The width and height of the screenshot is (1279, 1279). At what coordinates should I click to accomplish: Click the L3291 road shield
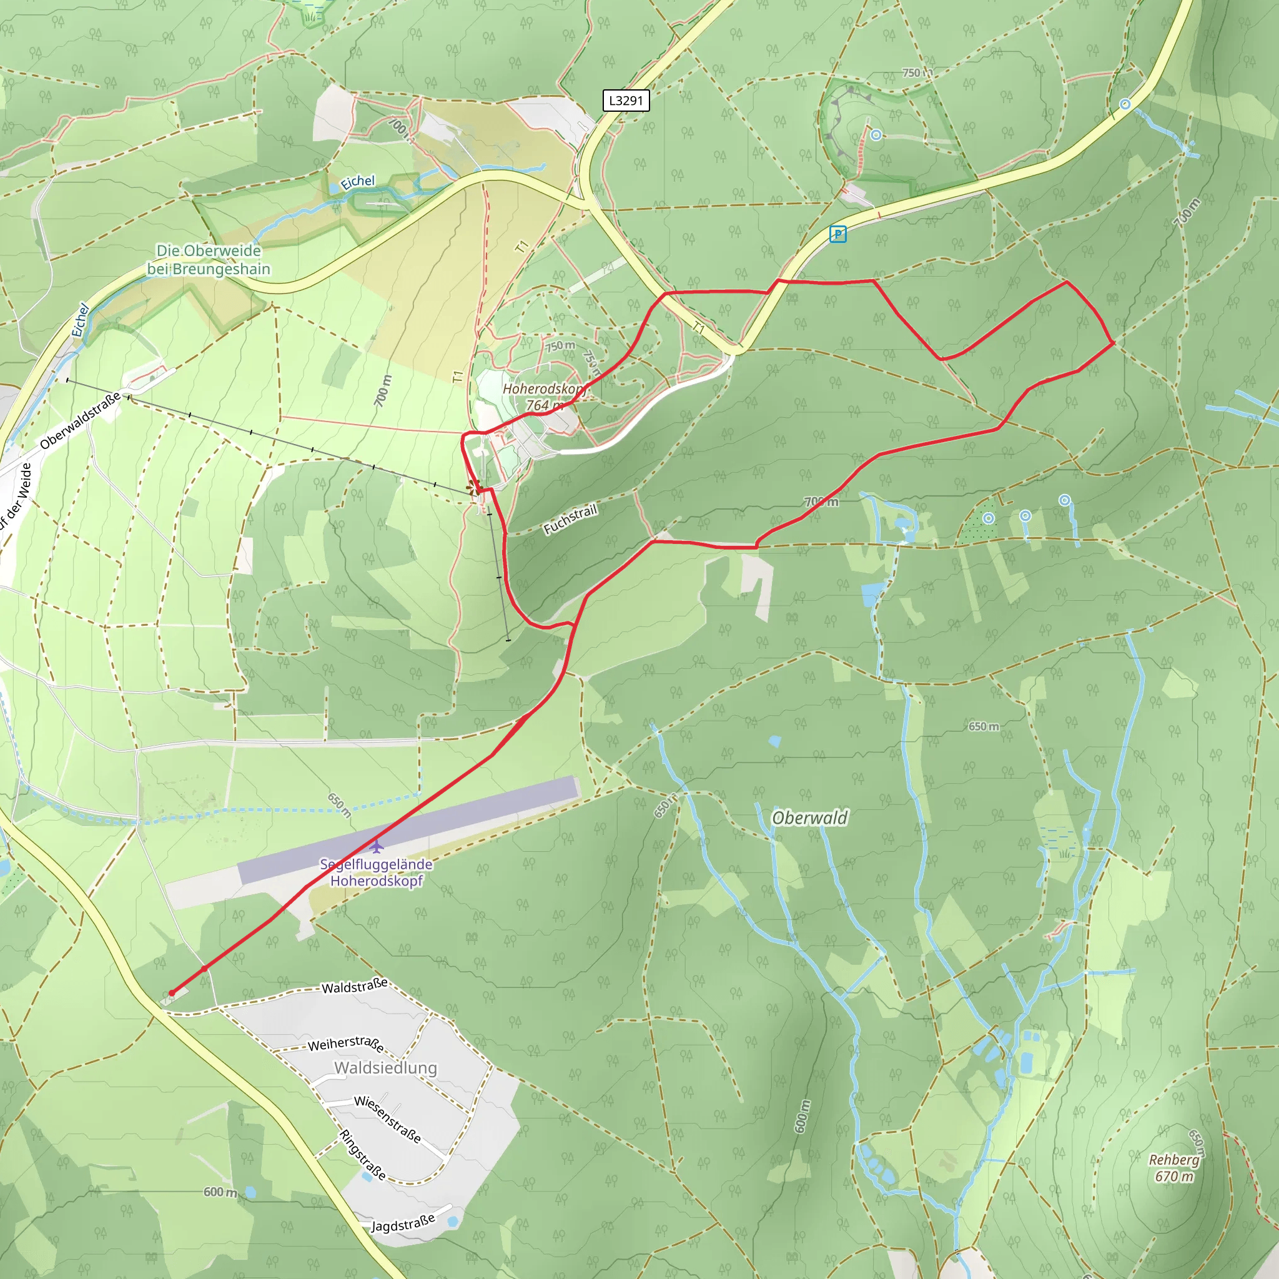[x=626, y=101]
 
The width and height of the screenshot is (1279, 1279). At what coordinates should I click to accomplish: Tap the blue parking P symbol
[x=837, y=234]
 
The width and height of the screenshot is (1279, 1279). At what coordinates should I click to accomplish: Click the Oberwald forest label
[x=809, y=818]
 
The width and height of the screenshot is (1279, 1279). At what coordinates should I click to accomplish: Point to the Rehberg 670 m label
[x=1173, y=1168]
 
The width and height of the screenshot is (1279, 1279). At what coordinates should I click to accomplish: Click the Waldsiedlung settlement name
[x=385, y=1068]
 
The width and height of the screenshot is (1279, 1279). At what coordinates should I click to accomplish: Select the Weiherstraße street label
[x=345, y=1044]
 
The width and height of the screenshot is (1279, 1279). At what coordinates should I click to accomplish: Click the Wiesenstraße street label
[x=387, y=1119]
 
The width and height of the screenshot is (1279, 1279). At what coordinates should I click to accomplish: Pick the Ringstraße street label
[x=362, y=1155]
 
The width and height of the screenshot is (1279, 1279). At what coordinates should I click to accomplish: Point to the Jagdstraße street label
[x=403, y=1223]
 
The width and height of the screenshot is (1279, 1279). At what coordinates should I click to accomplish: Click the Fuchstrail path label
[x=570, y=519]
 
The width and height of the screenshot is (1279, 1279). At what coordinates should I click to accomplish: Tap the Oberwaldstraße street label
[x=80, y=420]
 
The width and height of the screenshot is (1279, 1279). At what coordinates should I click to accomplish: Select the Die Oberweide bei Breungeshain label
[x=209, y=260]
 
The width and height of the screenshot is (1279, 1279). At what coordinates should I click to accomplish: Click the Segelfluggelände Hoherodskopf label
[x=376, y=872]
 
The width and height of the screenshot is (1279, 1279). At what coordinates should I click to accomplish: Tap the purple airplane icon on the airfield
[x=376, y=846]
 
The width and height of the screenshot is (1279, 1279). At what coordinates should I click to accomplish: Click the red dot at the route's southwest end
[x=172, y=992]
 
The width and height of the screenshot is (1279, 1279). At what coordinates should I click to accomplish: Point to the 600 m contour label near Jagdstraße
[x=220, y=1192]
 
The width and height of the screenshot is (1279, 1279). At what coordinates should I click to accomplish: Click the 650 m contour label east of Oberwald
[x=983, y=726]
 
